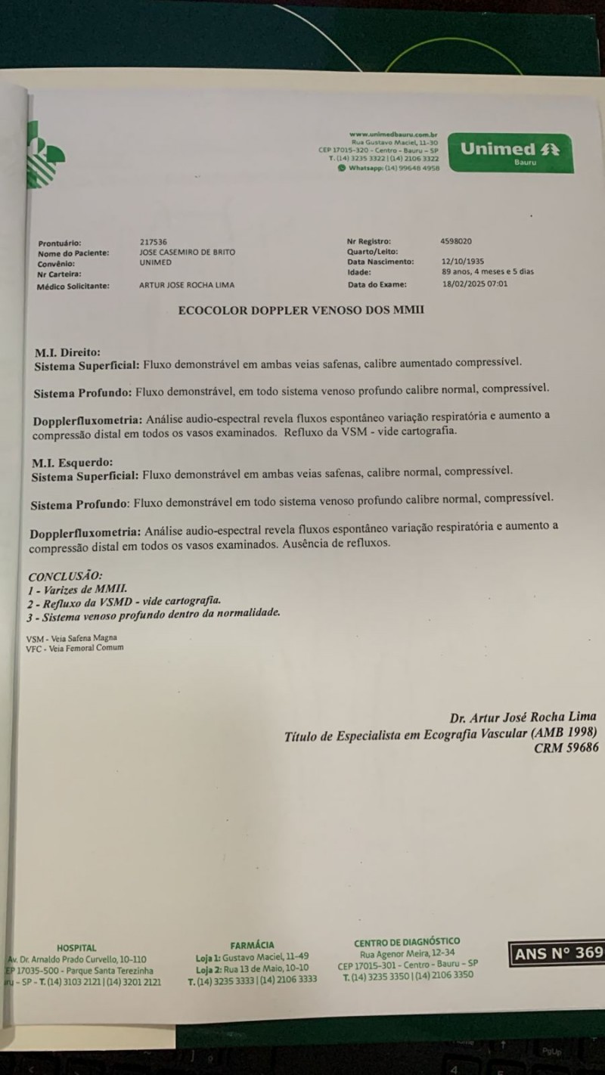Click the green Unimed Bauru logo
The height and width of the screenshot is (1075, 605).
[x=510, y=152]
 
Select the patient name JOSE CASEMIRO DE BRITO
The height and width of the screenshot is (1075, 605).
[x=188, y=252]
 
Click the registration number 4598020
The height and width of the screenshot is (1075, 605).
[x=456, y=240]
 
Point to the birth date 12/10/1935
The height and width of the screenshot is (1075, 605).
[x=464, y=262]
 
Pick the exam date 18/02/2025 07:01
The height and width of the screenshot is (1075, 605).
[x=475, y=284]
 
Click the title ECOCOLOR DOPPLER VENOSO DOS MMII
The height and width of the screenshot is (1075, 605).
[x=301, y=310]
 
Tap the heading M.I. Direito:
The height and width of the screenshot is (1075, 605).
[x=67, y=352]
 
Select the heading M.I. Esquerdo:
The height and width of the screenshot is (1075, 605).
[x=72, y=462]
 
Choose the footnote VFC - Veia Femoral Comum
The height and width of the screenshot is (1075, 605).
[x=74, y=648]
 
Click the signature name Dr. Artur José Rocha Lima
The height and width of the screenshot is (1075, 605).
[x=523, y=717]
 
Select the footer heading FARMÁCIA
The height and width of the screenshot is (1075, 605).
[x=253, y=945]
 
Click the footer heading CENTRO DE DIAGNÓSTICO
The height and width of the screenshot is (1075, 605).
[x=407, y=942]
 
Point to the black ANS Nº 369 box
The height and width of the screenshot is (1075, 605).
[x=557, y=953]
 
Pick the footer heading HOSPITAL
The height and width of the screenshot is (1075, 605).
[x=76, y=948]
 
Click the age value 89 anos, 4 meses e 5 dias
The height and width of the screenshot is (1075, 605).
[x=488, y=272]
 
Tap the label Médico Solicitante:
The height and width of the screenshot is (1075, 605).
[x=73, y=286]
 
